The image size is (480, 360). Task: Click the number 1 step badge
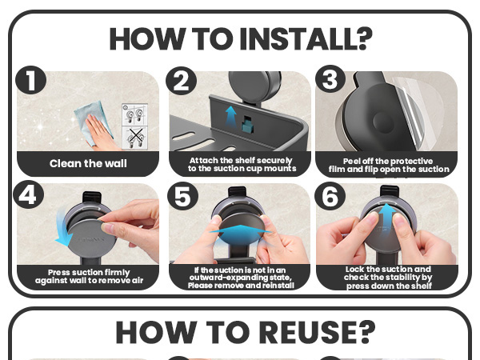pyautogui.click(x=31, y=80)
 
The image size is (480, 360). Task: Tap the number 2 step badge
pyautogui.click(x=181, y=81)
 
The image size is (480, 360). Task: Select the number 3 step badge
pyautogui.click(x=330, y=79)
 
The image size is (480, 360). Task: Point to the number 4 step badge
pyautogui.click(x=29, y=194)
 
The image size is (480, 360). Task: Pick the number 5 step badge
pyautogui.click(x=182, y=196)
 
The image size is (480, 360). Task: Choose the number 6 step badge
pyautogui.click(x=330, y=196)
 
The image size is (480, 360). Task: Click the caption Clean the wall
pyautogui.click(x=88, y=163)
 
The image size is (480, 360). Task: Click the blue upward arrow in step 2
pyautogui.click(x=231, y=118)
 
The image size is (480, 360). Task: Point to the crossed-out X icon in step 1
pyautogui.click(x=135, y=138)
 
